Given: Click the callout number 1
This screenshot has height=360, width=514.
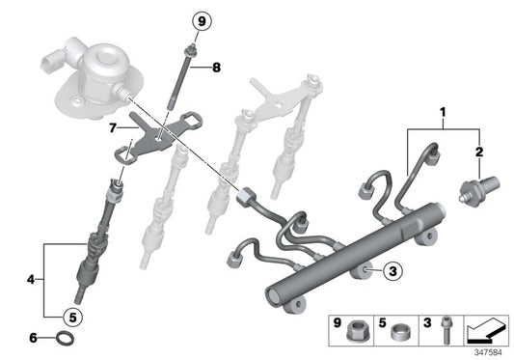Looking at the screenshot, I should click(x=445, y=113).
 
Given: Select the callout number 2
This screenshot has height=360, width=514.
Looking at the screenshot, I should click(x=479, y=152).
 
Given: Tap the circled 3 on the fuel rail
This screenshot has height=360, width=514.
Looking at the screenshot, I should click(x=392, y=274).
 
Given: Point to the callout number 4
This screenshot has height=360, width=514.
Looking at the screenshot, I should click(x=30, y=280).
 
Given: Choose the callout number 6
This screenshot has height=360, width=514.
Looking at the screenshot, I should click(x=32, y=339).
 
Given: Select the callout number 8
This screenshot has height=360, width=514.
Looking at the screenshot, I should click(x=217, y=68).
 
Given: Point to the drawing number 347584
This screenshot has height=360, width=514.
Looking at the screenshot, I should click(x=488, y=352).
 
